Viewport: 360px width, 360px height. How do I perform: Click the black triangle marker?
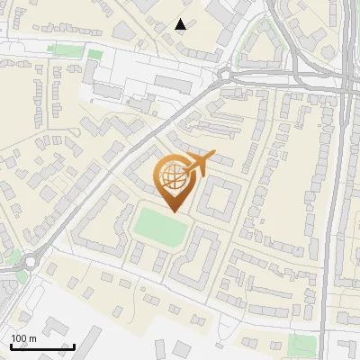(181, 24)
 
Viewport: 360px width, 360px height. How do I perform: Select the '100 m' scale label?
(23, 338)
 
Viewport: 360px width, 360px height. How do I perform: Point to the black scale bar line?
(42, 346)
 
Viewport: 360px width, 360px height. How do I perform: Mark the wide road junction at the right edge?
(347, 85)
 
